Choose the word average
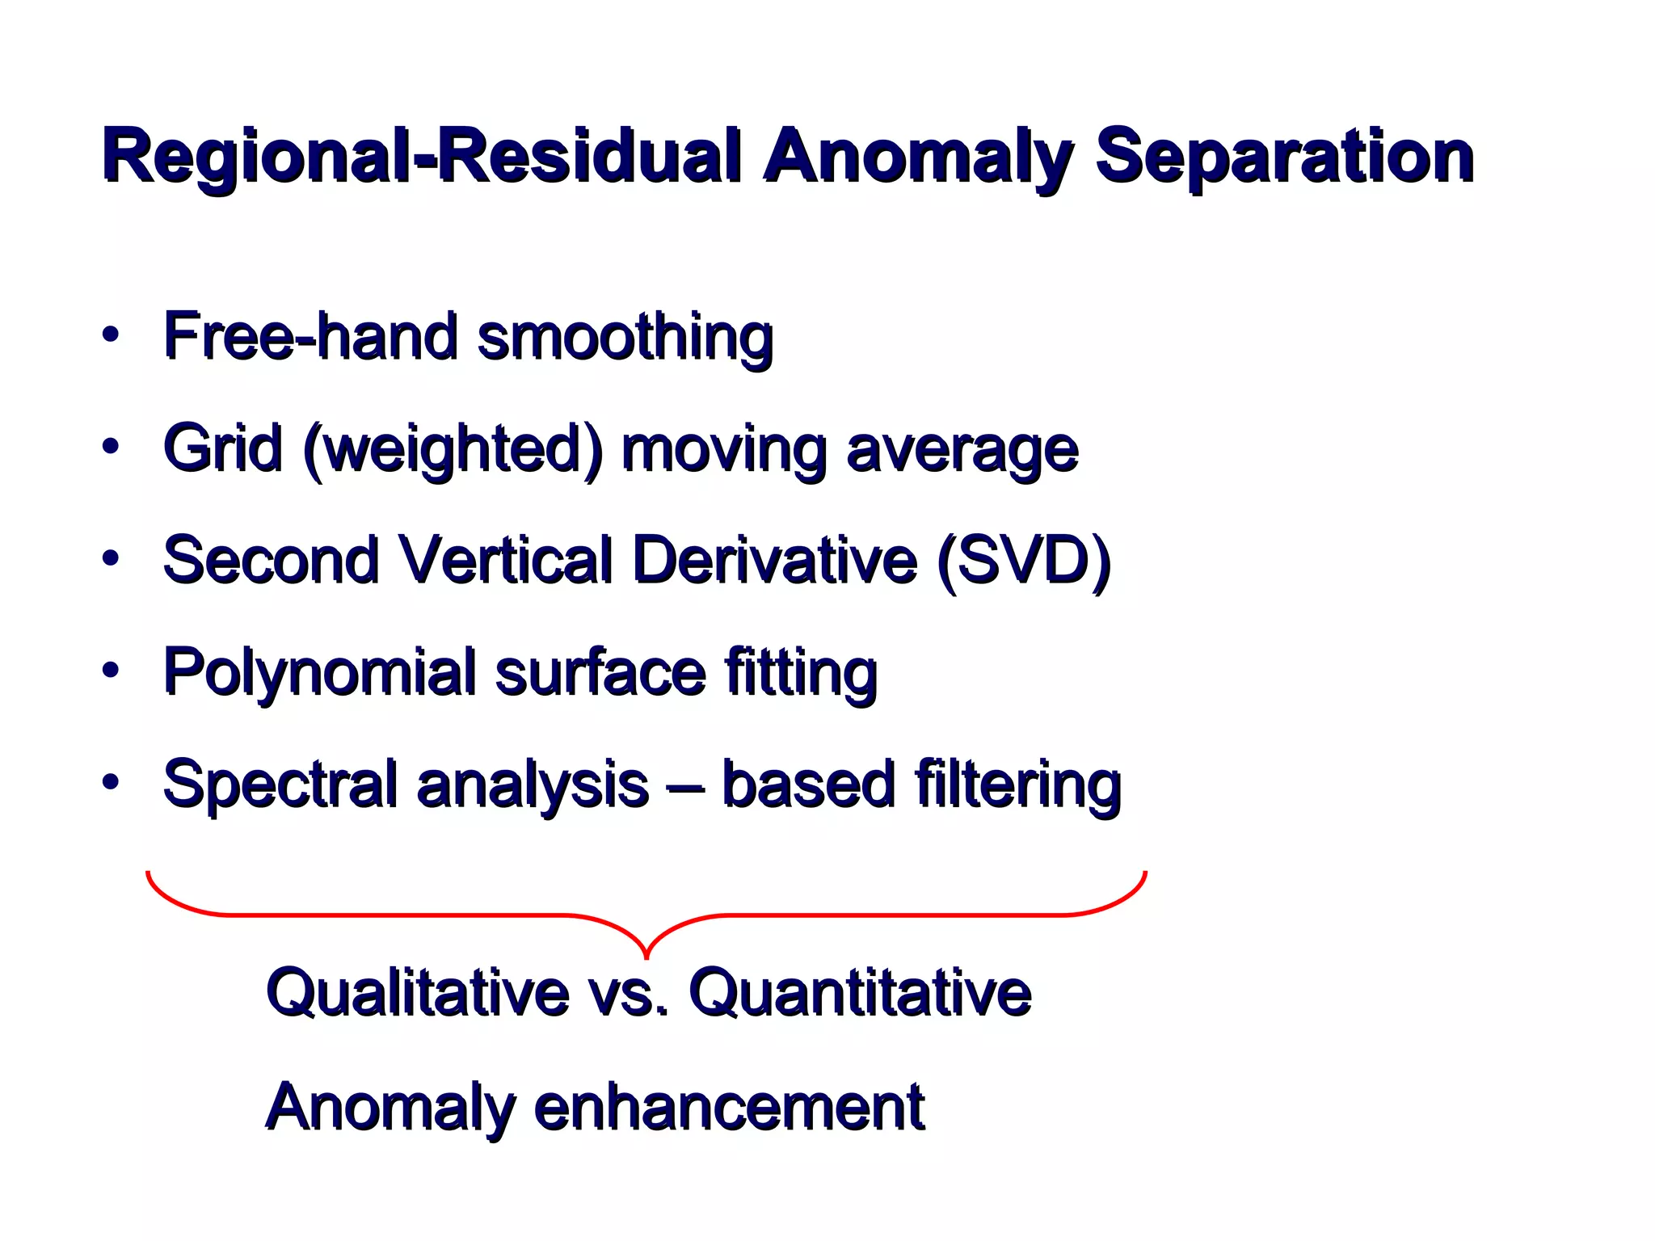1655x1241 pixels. point(962,450)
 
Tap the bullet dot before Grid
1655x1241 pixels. point(111,446)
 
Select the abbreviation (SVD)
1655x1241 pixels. point(1024,560)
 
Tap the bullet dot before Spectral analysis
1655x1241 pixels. point(111,781)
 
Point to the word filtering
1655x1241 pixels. point(1017,784)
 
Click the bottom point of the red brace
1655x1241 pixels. point(646,957)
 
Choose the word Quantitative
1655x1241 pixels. point(860,992)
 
